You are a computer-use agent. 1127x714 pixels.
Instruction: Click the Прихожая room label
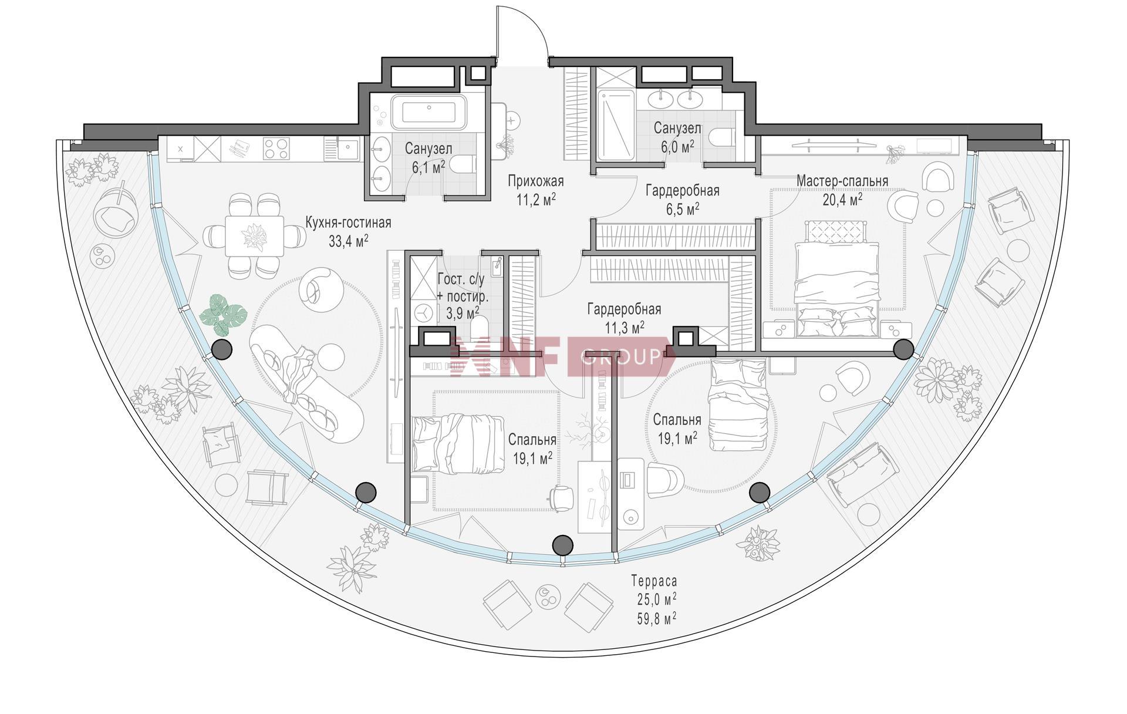point(535,181)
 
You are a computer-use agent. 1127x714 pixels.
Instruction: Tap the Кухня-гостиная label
point(348,223)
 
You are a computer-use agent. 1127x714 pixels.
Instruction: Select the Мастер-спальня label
point(842,181)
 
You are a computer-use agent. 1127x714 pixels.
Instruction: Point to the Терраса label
point(654,581)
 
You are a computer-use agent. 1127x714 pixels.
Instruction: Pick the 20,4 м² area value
point(842,200)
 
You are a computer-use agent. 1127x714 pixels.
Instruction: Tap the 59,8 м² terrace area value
point(656,617)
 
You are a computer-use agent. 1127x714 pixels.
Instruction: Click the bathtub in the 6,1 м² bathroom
point(428,112)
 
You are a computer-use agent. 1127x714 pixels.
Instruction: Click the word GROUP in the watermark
point(620,356)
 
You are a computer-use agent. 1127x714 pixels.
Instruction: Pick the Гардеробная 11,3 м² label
point(625,318)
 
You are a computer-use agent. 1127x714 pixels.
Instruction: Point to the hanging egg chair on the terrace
point(118,210)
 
